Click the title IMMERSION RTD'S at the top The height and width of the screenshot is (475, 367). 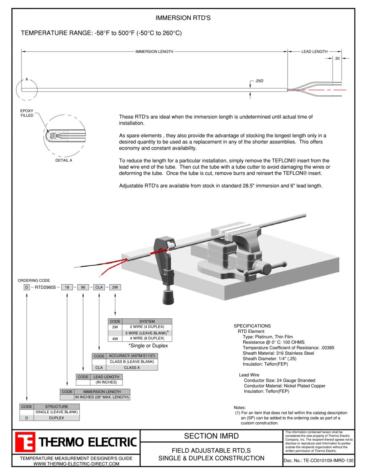pos(183,18)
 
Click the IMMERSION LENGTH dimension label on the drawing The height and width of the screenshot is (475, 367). pos(154,52)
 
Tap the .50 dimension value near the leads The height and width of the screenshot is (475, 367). pos(337,58)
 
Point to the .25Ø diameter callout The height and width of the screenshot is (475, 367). pos(259,81)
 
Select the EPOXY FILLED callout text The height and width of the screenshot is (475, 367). pos(27,113)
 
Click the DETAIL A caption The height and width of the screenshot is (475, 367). pos(63,160)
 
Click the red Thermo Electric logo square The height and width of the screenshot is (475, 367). pos(25,442)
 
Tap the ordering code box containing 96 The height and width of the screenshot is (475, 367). pos(83,287)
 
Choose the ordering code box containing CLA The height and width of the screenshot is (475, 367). pos(99,287)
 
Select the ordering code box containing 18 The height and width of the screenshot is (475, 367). pos(67,287)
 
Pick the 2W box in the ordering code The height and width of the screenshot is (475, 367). pos(115,287)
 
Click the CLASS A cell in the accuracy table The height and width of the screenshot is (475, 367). pos(132,367)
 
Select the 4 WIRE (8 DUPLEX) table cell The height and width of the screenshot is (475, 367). pos(147,338)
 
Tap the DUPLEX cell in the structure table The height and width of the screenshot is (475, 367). pos(56,418)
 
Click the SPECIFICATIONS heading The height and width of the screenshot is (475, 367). pos(252,326)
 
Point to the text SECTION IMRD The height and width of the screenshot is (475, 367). pos(211,436)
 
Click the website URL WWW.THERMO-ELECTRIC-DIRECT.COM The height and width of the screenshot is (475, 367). pos(76,464)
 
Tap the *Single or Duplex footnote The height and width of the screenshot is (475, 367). pos(148,346)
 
